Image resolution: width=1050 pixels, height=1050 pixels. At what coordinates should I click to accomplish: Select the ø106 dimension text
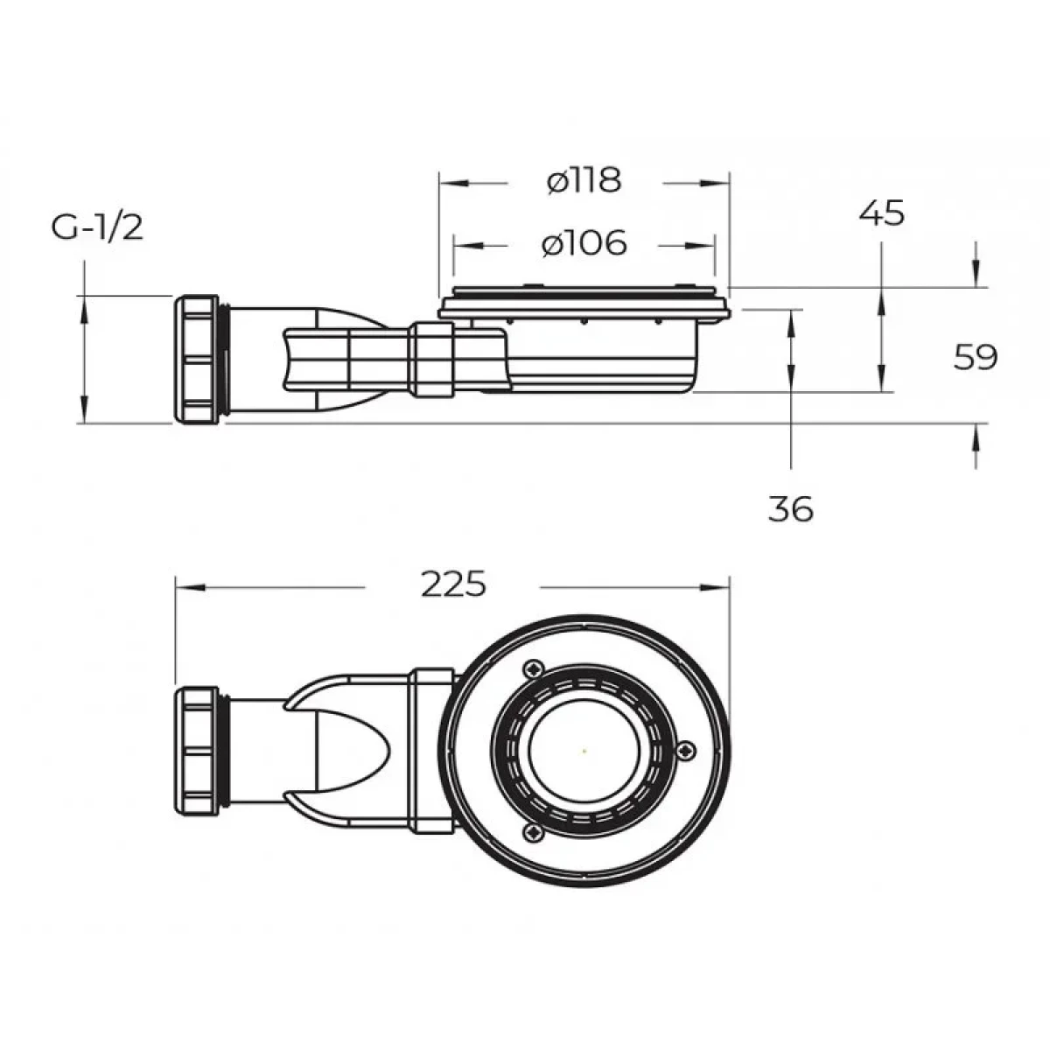pos(584,242)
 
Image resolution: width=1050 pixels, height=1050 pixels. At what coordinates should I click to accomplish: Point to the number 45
pos(882,213)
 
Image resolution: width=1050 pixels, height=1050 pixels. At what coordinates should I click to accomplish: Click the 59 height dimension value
pos(976,358)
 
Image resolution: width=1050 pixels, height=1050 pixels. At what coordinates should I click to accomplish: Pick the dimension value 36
pos(791,509)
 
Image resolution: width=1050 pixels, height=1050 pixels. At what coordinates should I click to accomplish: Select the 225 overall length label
pos(453,584)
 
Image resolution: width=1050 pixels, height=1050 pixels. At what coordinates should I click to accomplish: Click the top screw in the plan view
pos(535,668)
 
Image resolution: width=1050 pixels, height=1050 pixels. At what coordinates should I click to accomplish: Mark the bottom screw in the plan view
pos(534,832)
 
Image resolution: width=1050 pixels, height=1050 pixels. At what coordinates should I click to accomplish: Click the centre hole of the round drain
pos(584,751)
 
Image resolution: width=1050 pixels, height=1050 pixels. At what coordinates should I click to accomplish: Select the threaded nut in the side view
pos(197,359)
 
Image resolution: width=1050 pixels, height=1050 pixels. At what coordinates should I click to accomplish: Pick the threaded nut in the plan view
pos(197,750)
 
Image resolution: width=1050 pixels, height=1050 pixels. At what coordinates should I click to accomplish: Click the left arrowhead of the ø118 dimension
pos(453,184)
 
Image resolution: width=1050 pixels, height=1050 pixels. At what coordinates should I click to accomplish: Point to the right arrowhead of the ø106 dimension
pos(701,246)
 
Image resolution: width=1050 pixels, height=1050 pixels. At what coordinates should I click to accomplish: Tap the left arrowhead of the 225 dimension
pos(190,587)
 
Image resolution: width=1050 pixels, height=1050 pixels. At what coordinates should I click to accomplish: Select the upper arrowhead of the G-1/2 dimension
pos(84,311)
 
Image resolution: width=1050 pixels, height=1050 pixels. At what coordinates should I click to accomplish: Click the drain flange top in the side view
pos(584,300)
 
